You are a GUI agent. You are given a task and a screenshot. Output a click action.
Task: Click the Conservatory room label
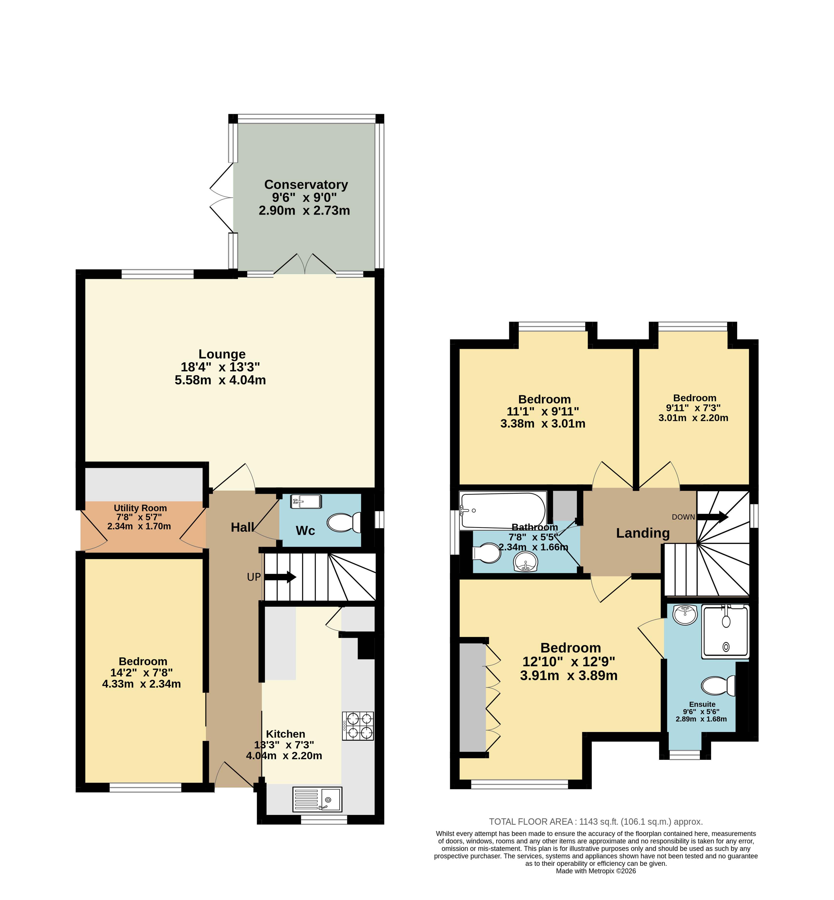point(306,185)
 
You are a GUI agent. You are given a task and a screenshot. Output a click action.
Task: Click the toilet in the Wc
point(344,523)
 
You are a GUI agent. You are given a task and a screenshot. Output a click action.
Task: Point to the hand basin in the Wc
point(306,502)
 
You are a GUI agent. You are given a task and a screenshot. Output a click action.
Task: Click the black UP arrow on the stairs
point(280,577)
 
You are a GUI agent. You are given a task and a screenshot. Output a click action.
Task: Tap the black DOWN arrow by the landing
point(713,517)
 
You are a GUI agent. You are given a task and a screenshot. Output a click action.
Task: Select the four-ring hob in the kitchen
point(358,726)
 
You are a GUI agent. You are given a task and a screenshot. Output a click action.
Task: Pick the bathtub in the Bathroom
point(503,511)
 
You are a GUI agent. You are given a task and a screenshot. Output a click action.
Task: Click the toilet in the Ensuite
point(718,686)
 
